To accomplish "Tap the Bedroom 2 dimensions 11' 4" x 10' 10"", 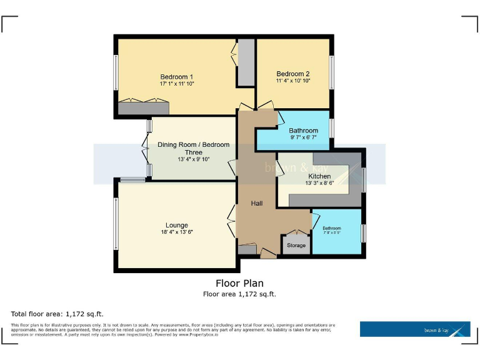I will tap(293, 81).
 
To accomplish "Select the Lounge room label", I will tap(176, 225).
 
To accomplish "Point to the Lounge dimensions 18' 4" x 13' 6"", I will tap(176, 232).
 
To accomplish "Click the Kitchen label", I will tap(319, 176).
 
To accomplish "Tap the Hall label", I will tap(257, 204).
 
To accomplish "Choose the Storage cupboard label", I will tap(296, 245).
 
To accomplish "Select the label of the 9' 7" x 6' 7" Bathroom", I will tap(304, 131).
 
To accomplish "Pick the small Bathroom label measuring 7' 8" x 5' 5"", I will tap(332, 228).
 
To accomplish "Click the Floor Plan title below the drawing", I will tap(239, 283).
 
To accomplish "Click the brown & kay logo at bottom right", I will tap(414, 329).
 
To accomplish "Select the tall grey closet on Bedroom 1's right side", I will tap(246, 62).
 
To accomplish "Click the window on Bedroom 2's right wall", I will tap(331, 72).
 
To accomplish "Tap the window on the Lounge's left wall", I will tap(115, 223).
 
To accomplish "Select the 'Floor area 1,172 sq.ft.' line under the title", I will tap(239, 294).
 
